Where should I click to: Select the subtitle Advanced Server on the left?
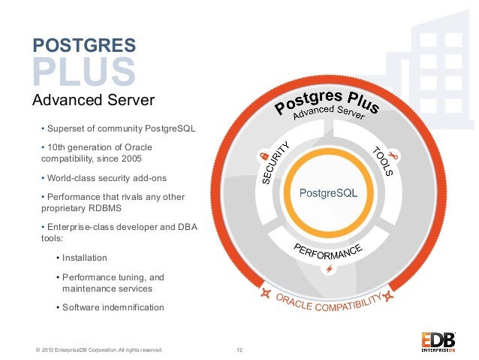click(93, 100)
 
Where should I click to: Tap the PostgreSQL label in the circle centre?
click(328, 192)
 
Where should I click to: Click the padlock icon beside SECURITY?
click(264, 155)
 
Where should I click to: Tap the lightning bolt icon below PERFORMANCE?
click(328, 268)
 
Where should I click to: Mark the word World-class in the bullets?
click(71, 178)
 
